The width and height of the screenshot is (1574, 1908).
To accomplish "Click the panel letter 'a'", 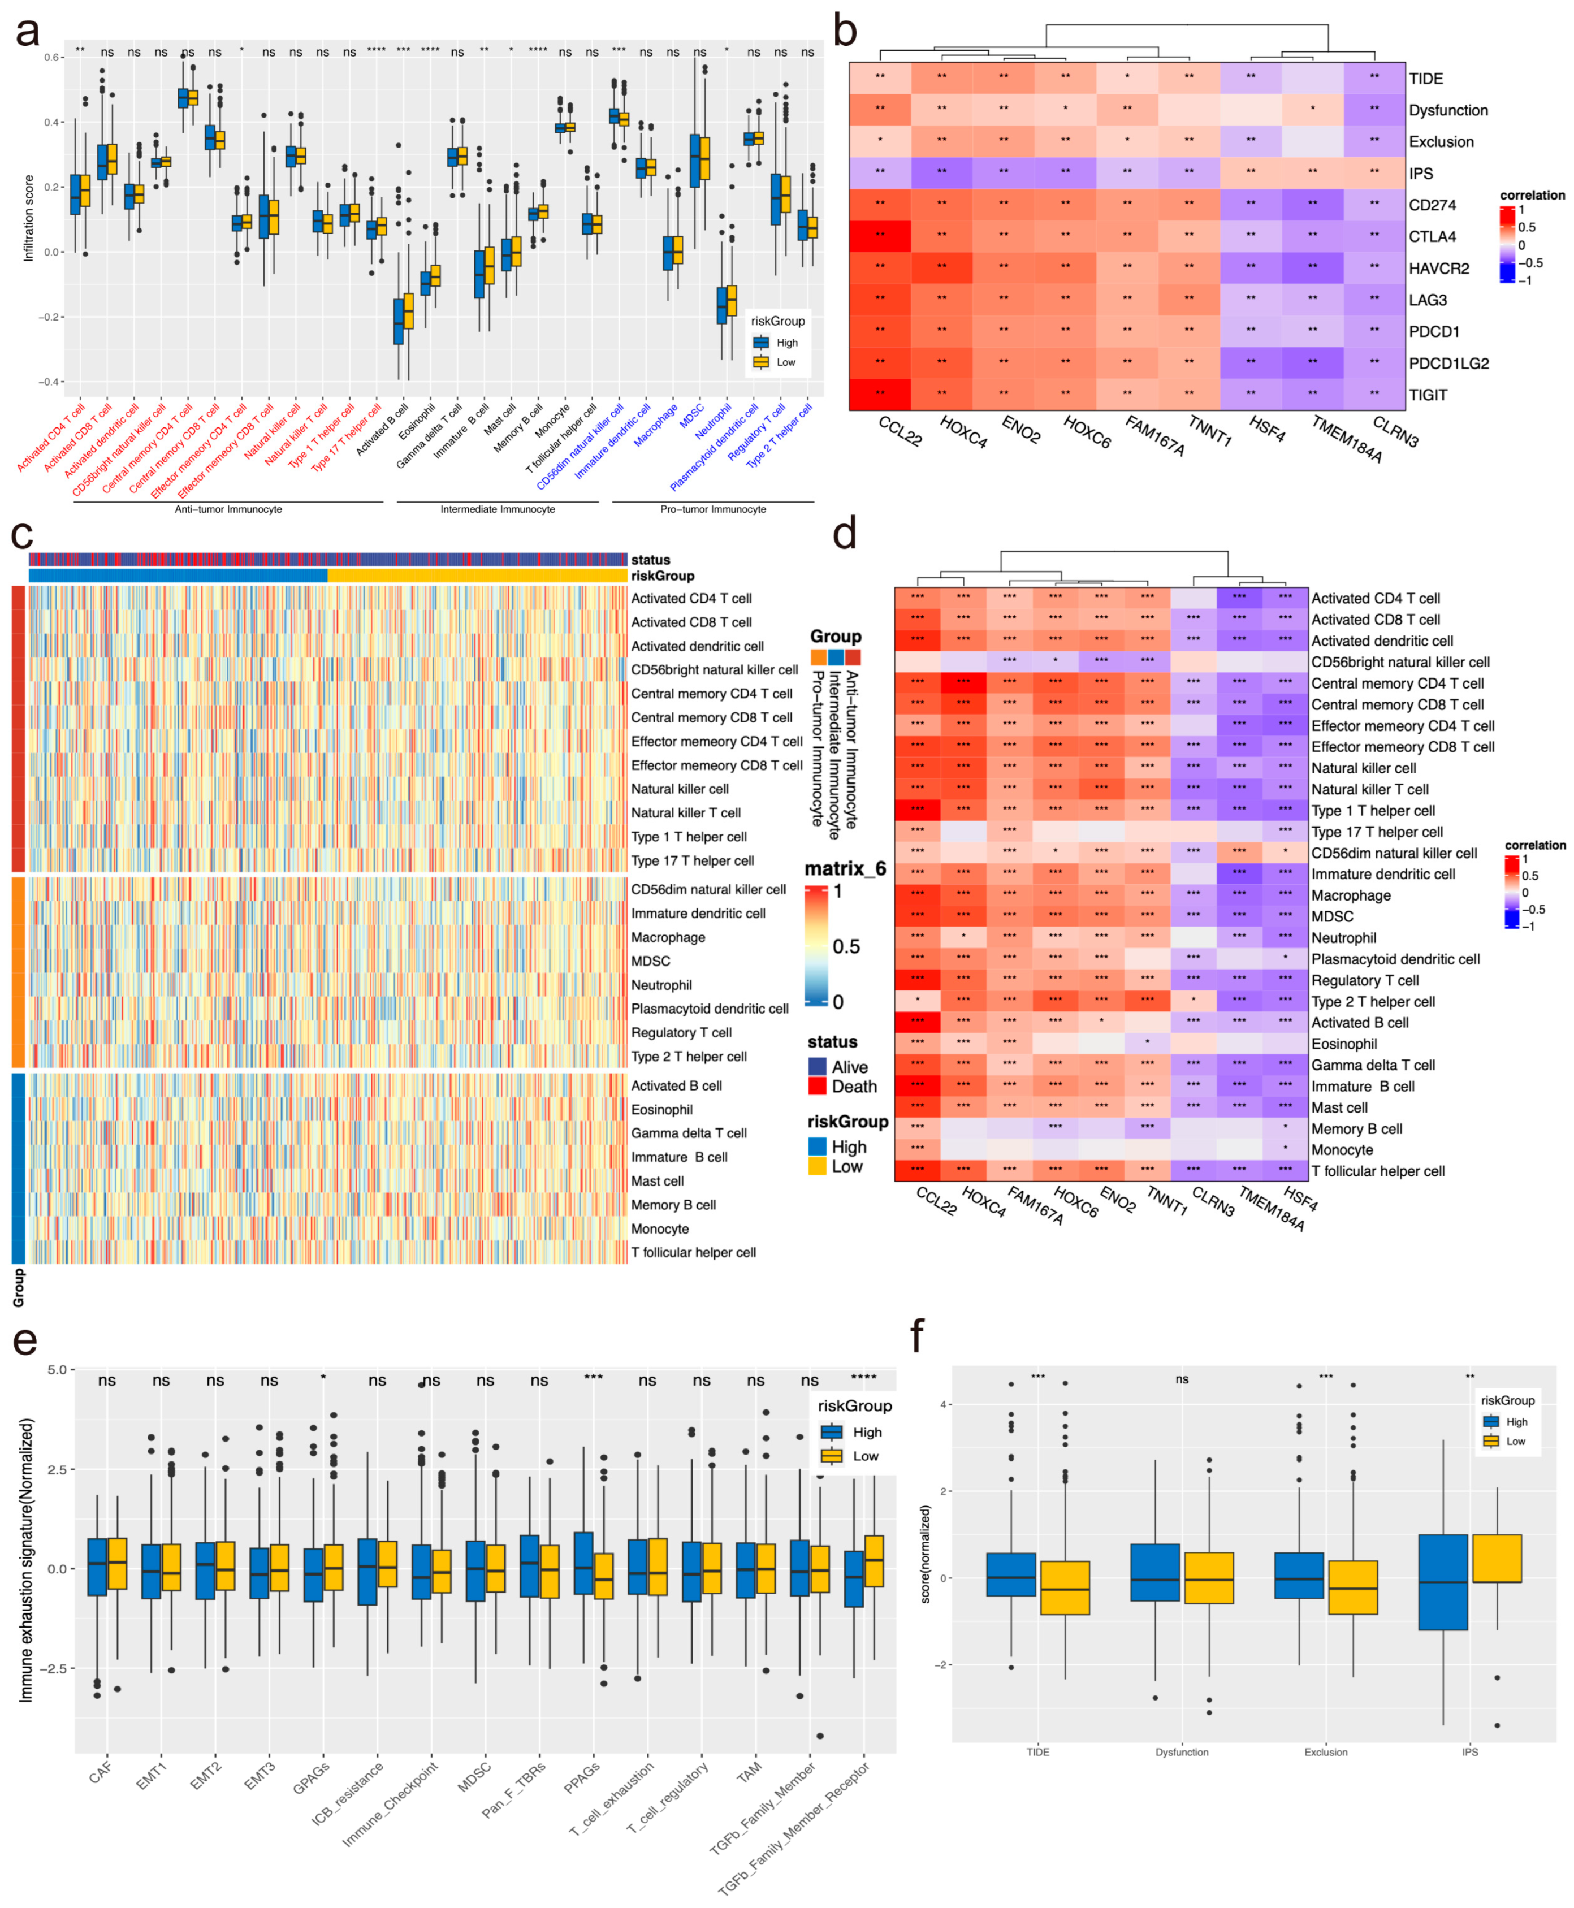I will (27, 32).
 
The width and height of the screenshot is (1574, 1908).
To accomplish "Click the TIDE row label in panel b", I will (1425, 79).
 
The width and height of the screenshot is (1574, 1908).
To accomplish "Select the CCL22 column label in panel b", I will (900, 431).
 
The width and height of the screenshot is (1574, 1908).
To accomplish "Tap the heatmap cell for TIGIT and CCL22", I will (880, 394).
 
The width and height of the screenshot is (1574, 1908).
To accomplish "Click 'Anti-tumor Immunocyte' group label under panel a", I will (228, 509).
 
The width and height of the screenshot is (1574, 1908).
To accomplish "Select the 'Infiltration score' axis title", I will (28, 218).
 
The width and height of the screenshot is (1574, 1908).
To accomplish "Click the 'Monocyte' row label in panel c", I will (659, 1228).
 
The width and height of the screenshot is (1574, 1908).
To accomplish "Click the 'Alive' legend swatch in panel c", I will (817, 1067).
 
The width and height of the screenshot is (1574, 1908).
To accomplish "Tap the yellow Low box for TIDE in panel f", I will (1065, 1587).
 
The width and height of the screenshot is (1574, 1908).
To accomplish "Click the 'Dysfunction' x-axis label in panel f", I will (1182, 1752).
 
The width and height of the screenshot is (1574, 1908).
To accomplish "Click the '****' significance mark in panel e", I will (863, 1379).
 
